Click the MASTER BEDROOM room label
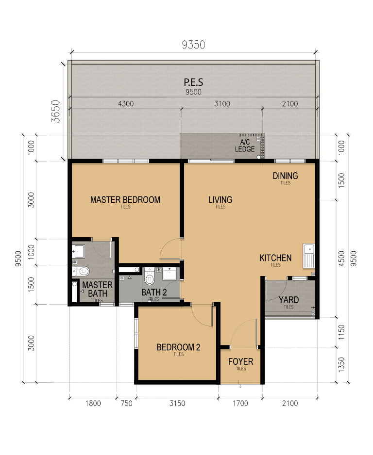(125, 200)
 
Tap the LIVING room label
(220, 200)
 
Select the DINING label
(285, 176)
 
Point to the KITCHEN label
(275, 258)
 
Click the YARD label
(288, 300)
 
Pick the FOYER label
(240, 361)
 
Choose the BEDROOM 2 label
(178, 347)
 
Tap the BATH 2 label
(154, 292)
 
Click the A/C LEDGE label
(245, 146)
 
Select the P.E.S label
(193, 82)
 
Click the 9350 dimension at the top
(193, 45)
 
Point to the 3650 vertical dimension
(55, 111)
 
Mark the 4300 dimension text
(126, 104)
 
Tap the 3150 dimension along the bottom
(177, 404)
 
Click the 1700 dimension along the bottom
(240, 404)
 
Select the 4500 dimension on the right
(341, 258)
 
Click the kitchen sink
(309, 256)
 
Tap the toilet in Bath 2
(149, 276)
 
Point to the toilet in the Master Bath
(81, 271)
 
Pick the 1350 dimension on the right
(341, 365)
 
